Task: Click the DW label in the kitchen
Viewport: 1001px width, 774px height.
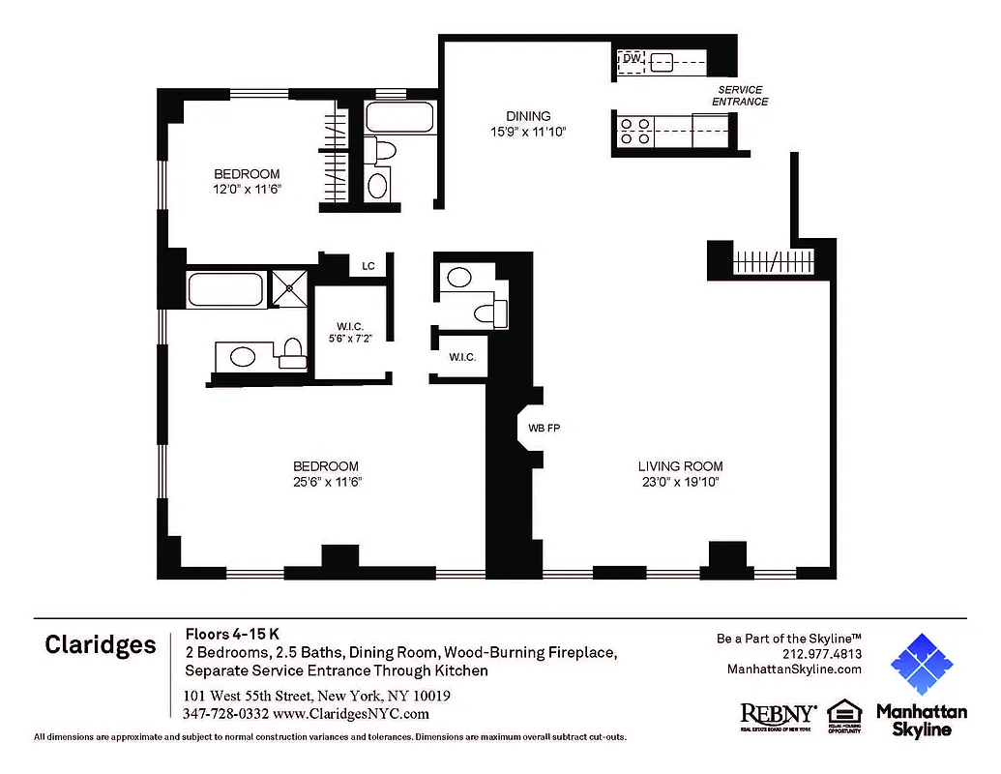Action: [631, 59]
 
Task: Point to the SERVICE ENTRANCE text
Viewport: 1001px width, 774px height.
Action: [740, 96]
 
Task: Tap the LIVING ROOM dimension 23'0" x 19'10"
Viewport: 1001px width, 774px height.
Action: [680, 482]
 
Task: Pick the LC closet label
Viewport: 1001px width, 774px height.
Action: [368, 266]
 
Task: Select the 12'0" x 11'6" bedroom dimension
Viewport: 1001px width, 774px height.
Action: [247, 190]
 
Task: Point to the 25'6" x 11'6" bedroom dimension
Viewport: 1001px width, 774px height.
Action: [326, 482]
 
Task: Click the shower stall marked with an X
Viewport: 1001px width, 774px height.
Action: [287, 288]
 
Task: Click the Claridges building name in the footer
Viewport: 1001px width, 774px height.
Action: [101, 645]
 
